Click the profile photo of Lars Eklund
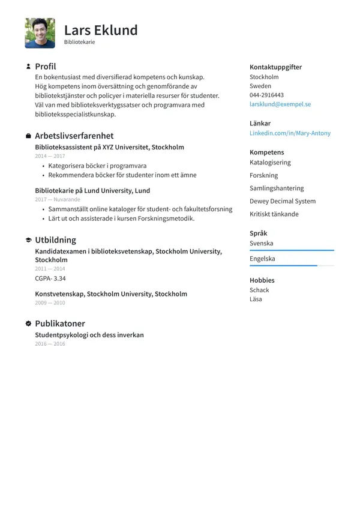pos(40,33)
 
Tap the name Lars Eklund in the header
pos(101,30)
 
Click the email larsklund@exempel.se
pos(280,104)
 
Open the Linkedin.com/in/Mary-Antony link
pos(290,133)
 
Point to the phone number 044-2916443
pos(266,95)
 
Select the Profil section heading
pos(45,67)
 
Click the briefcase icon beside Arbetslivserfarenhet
pos(28,136)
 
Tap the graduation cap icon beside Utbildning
pos(28,240)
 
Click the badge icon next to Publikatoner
pos(28,324)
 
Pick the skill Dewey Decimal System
pos(283,201)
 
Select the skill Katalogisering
pos(270,163)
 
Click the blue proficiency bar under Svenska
pos(292,250)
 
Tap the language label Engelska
pos(262,259)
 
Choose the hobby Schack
pos(259,290)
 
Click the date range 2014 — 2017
pos(50,156)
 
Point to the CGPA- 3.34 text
pos(50,279)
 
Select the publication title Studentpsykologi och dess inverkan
pos(89,335)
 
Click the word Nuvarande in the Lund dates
pos(66,199)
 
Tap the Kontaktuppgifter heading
pos(275,67)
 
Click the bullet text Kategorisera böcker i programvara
pos(97,166)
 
